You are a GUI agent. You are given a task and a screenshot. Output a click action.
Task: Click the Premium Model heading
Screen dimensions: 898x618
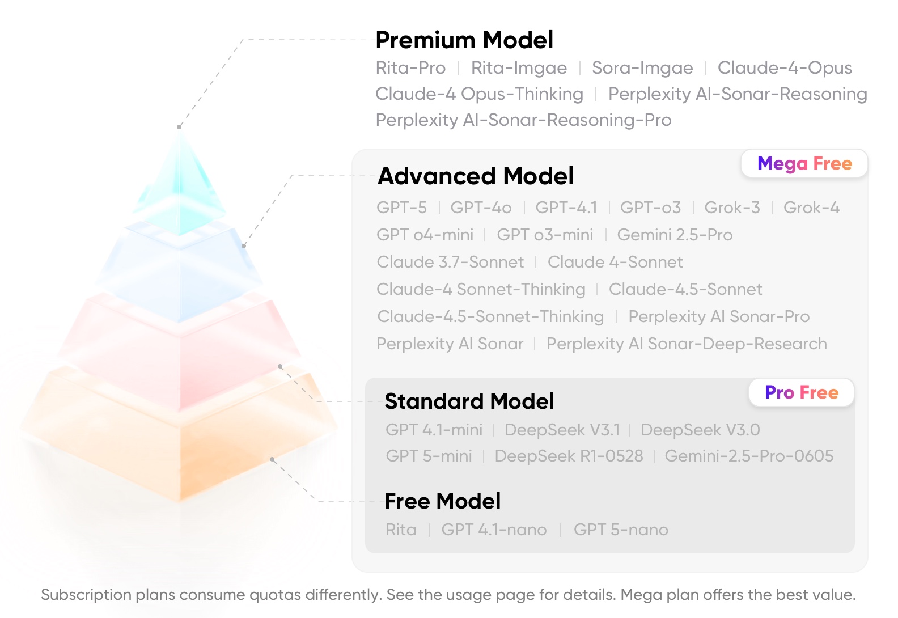[x=464, y=40]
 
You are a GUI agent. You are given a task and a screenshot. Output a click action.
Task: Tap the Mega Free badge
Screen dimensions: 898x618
[x=804, y=163]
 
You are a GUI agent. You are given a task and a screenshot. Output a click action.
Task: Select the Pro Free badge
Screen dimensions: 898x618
[x=802, y=392]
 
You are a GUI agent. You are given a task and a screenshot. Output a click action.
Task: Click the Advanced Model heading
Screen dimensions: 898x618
[x=476, y=176]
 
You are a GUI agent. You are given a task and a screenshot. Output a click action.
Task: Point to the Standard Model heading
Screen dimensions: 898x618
[x=469, y=401]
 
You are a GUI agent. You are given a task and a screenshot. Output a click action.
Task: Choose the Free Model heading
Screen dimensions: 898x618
[x=443, y=501]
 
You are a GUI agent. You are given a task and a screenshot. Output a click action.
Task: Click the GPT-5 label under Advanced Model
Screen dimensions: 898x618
[x=402, y=208]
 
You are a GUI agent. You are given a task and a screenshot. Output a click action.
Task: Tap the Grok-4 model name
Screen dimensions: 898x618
[x=811, y=208]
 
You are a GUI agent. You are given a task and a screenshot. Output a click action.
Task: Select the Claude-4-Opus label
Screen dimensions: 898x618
[x=785, y=68]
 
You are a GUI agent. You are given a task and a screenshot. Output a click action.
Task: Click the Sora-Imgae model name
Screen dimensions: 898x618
[x=642, y=68]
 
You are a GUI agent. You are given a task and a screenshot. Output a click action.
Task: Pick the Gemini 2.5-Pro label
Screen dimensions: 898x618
[x=675, y=235]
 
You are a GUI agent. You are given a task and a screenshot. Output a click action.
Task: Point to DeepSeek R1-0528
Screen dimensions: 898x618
[x=569, y=456]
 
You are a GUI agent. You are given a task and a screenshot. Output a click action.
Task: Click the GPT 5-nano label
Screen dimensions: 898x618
[x=621, y=530]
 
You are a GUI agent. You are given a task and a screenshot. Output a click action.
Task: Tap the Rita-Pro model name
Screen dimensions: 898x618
[x=410, y=68]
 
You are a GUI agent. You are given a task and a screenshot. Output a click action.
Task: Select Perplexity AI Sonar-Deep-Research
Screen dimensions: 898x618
[x=687, y=344]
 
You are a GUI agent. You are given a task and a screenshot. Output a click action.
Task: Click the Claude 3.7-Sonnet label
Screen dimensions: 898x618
[x=450, y=262]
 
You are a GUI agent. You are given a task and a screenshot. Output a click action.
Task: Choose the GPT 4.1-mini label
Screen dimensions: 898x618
[x=434, y=430]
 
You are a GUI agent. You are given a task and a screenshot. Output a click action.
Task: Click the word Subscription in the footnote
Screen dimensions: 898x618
[x=86, y=595]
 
